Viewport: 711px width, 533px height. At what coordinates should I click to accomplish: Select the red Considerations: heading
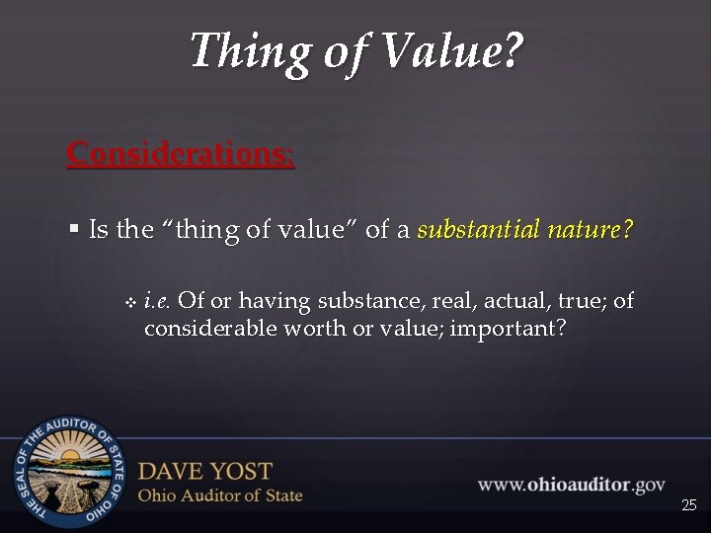tap(180, 154)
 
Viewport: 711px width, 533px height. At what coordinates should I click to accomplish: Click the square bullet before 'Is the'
tap(75, 231)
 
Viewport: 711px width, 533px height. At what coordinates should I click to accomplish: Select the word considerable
tap(210, 328)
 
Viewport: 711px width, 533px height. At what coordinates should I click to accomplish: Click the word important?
tap(508, 328)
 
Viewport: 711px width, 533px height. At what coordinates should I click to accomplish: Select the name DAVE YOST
tap(204, 471)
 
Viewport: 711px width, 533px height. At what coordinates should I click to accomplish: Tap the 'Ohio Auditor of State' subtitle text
tap(220, 495)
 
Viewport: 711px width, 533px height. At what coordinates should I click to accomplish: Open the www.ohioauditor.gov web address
tap(571, 485)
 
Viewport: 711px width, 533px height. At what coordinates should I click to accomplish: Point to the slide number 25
tap(688, 505)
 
